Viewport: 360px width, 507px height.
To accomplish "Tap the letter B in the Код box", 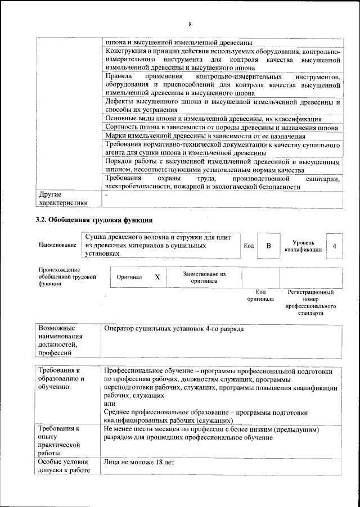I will click(269, 246).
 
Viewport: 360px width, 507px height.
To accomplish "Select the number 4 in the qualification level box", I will click(335, 246).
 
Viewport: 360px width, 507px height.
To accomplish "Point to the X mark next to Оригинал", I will click(157, 277).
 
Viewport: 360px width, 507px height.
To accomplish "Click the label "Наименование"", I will click(57, 246).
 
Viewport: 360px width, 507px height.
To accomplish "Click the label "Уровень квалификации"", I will click(303, 246).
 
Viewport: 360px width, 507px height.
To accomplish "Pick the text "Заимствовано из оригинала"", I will click(204, 277).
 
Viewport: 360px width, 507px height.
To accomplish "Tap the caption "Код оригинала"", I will click(260, 296).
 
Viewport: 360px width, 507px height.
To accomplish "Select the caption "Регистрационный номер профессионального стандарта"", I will click(310, 304).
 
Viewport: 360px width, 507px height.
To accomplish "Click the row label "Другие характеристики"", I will click(64, 198).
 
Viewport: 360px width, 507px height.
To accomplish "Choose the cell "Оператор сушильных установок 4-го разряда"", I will click(174, 328).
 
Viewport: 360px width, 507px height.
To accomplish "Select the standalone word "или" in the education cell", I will click(110, 404).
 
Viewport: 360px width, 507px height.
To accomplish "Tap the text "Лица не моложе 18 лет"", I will click(139, 463).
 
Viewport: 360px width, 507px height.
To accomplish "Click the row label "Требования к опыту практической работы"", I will click(59, 442).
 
